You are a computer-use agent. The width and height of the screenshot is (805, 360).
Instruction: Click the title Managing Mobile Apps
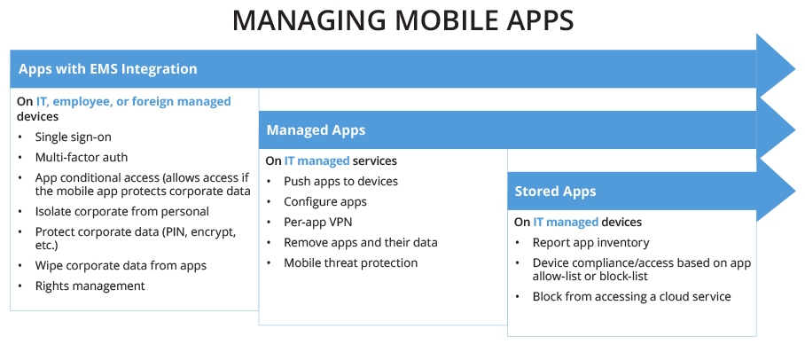402,20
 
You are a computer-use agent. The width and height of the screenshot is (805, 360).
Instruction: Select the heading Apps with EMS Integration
108,68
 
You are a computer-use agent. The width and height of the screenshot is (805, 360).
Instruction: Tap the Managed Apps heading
316,130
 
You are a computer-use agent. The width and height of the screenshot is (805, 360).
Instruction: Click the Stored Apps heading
555,191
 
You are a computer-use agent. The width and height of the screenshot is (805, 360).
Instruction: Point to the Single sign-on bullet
73,137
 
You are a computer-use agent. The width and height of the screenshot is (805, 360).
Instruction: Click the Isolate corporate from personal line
121,211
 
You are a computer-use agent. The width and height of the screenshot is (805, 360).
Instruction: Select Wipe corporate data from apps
121,266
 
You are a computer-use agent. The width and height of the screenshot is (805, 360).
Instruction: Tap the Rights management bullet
90,286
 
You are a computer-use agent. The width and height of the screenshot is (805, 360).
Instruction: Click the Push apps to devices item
340,181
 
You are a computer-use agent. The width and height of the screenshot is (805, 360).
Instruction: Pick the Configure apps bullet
324,201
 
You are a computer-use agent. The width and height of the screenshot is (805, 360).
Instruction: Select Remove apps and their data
360,242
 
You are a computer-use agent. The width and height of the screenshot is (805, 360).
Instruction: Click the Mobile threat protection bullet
350,262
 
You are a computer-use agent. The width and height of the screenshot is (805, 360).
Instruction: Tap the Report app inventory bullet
590,242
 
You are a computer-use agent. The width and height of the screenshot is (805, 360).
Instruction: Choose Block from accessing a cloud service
631,296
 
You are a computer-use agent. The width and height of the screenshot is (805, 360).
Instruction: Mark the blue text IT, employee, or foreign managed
133,101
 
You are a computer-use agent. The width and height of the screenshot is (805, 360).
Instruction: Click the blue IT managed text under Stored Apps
566,222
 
